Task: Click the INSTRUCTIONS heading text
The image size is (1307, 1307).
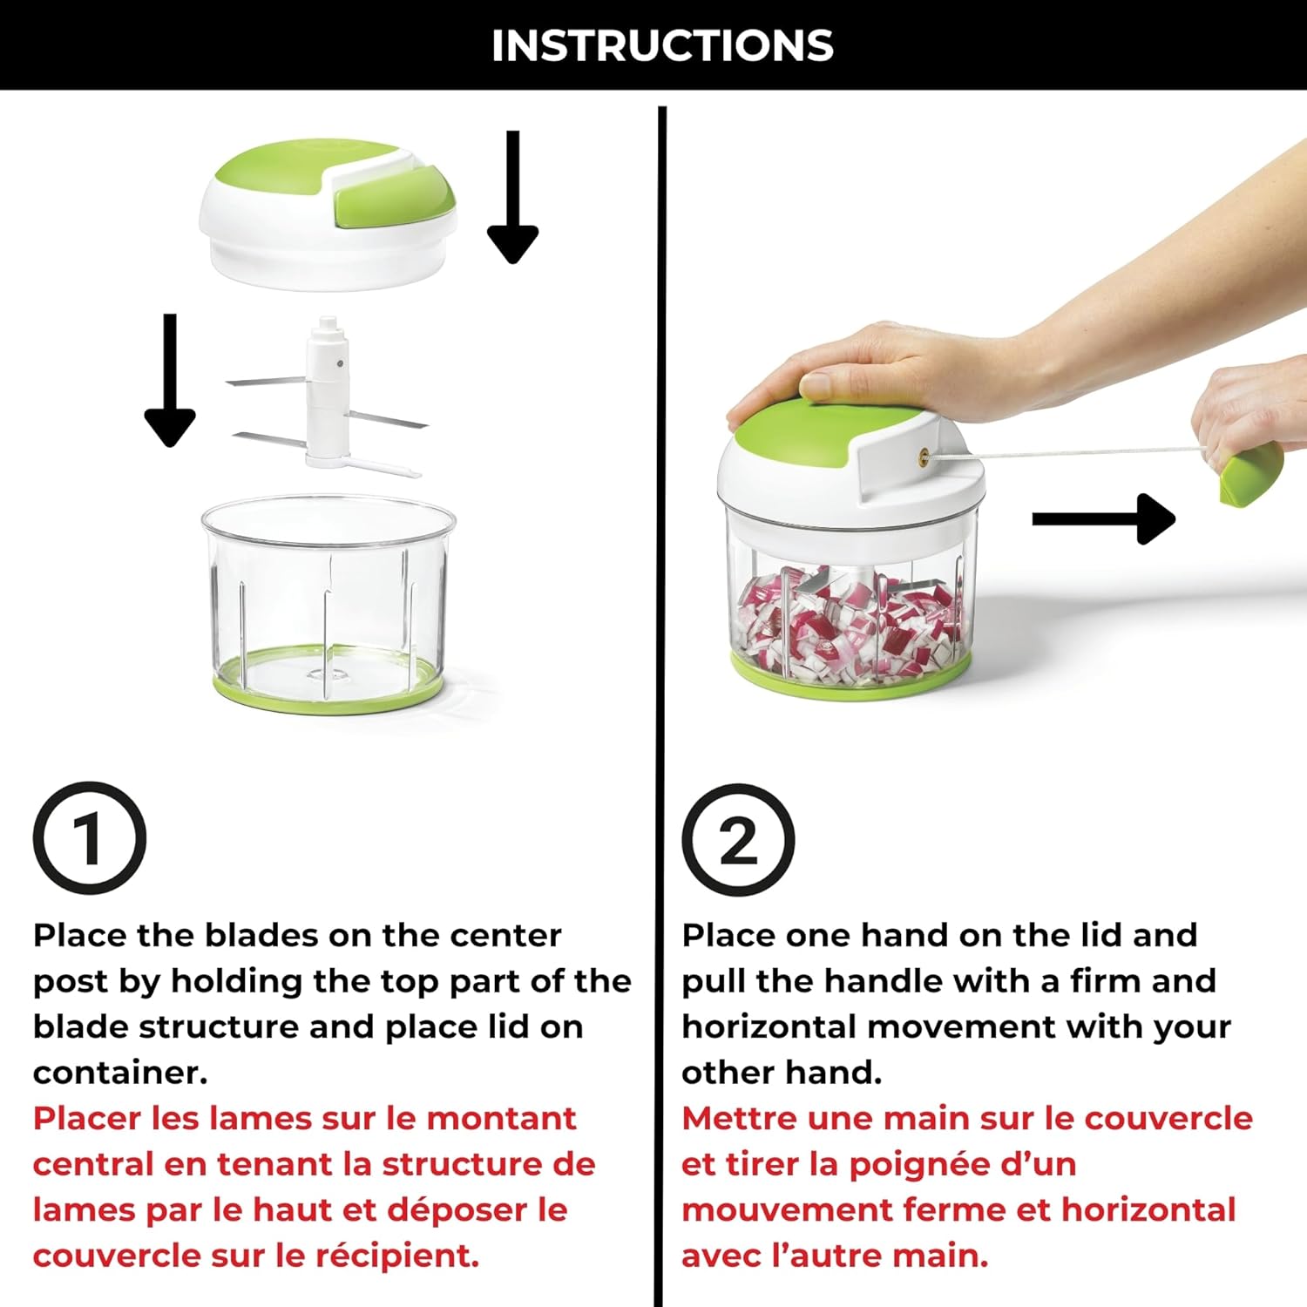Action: (x=662, y=45)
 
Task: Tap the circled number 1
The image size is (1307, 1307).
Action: (x=89, y=838)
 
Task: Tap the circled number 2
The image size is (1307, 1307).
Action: (x=738, y=840)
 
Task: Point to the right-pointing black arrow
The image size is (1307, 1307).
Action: (x=1103, y=519)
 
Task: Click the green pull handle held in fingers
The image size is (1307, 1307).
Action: (x=1251, y=476)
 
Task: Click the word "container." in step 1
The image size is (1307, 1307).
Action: (x=120, y=1073)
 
